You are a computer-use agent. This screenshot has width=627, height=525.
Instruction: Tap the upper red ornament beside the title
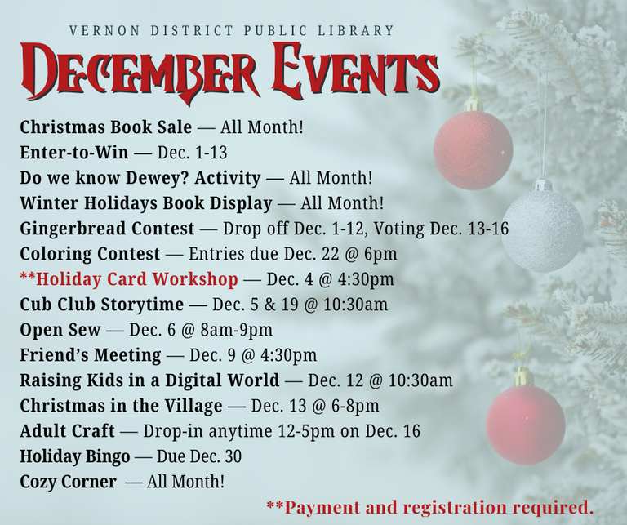coord(473,149)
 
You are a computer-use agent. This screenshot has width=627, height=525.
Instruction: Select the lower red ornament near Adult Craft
coord(525,424)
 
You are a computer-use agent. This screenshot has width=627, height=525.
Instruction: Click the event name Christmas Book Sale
coord(105,127)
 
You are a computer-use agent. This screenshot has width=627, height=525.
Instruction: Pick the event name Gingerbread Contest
coord(107,229)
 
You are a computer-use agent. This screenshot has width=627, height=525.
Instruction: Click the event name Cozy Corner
coord(68,482)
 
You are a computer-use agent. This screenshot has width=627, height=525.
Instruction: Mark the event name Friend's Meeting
coord(90,355)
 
